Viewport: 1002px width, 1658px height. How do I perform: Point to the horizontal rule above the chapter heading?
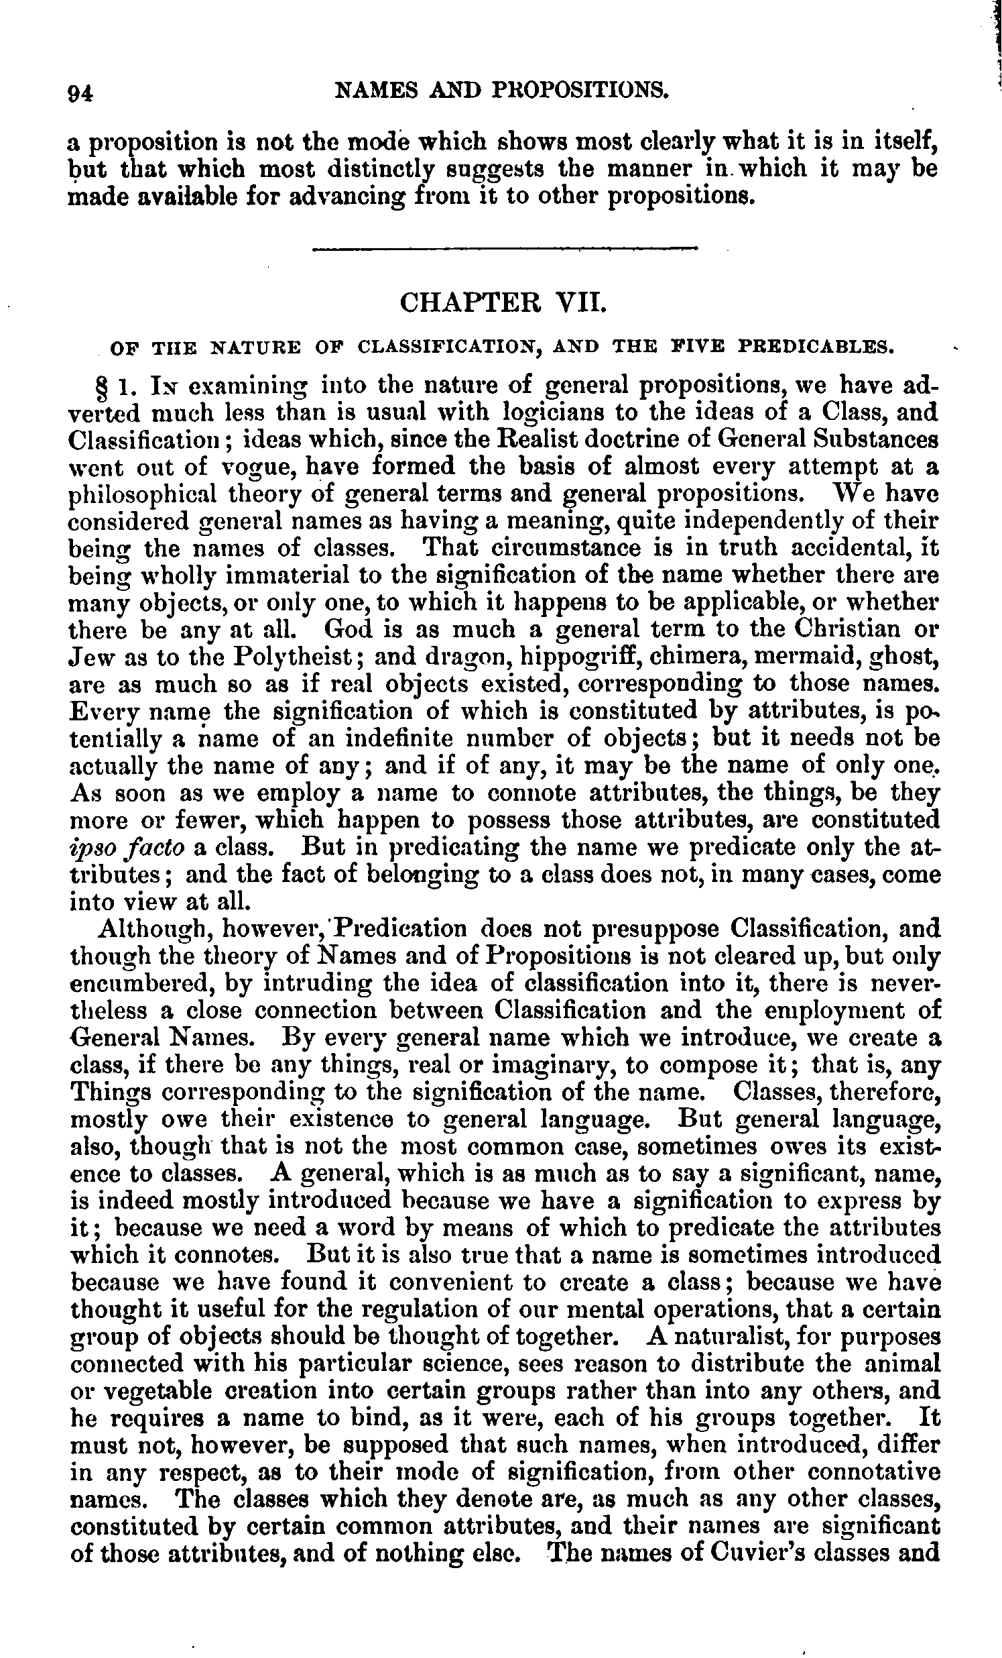(x=505, y=251)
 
